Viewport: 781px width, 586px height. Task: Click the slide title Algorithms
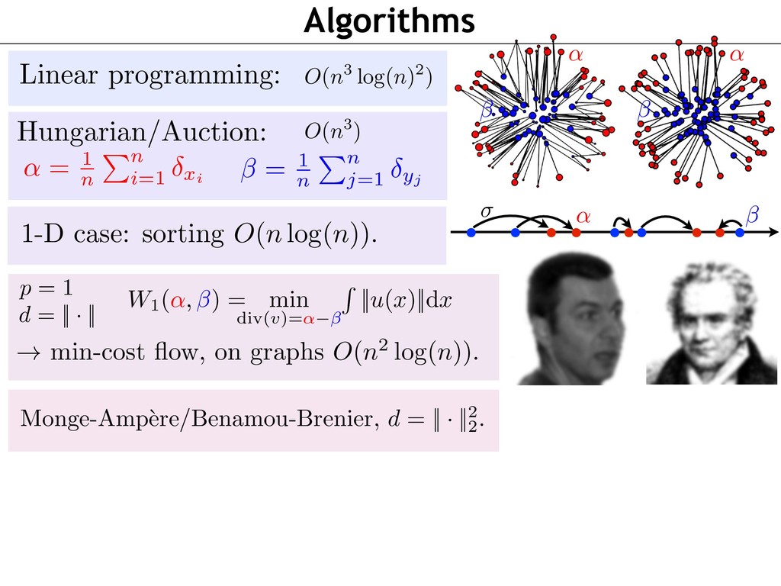[x=389, y=21]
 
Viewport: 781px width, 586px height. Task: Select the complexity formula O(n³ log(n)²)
[x=368, y=77]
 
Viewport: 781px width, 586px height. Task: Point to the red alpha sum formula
[x=113, y=169]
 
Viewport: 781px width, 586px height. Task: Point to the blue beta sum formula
[x=331, y=169]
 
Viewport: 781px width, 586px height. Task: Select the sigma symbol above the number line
[x=486, y=211]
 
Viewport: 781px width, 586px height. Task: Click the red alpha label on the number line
[x=583, y=217]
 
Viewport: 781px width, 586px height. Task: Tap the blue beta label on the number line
[x=753, y=215]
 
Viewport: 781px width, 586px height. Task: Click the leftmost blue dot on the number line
[x=471, y=232]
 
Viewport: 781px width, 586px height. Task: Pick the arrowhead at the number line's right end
[x=773, y=232]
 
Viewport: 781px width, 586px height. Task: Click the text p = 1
[x=46, y=288]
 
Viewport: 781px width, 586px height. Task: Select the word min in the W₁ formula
[x=289, y=301]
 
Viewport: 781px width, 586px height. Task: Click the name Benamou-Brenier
[x=282, y=419]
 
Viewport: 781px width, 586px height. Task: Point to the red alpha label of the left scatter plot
[x=576, y=54]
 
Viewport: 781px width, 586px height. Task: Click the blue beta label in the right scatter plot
[x=644, y=108]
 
